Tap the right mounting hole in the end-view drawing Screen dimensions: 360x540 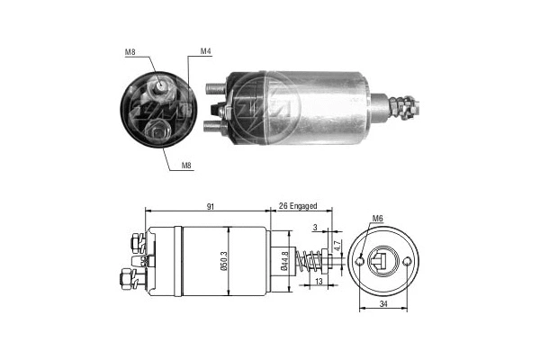[x=408, y=262]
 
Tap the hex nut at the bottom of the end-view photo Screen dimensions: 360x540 [x=160, y=132]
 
